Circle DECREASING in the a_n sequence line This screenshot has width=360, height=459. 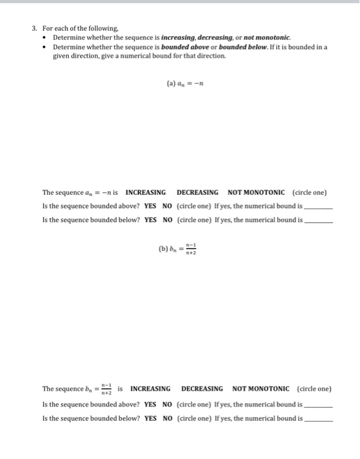197,193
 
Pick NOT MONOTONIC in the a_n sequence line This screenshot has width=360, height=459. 256,193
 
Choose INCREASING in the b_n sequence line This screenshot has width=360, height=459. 150,389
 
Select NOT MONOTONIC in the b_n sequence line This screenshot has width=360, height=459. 261,389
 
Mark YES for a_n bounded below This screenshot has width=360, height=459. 150,220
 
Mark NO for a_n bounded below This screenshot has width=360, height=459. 167,220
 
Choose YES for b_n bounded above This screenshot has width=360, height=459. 150,405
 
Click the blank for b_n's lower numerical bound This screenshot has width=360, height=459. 319,420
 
